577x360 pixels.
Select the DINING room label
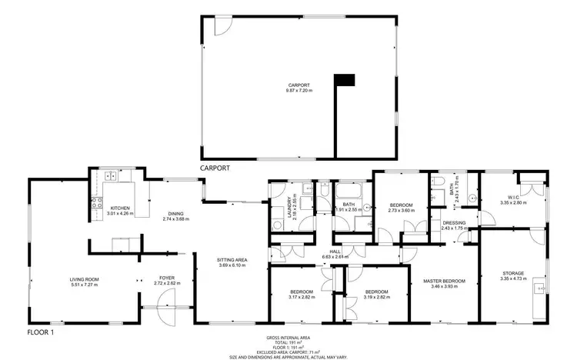click(x=175, y=215)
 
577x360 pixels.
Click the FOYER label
click(x=167, y=278)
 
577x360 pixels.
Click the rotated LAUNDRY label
click(x=290, y=208)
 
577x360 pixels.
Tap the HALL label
click(x=335, y=252)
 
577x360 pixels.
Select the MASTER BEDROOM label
click(x=444, y=281)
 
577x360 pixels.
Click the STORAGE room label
click(x=513, y=273)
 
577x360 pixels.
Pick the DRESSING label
click(x=454, y=223)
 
